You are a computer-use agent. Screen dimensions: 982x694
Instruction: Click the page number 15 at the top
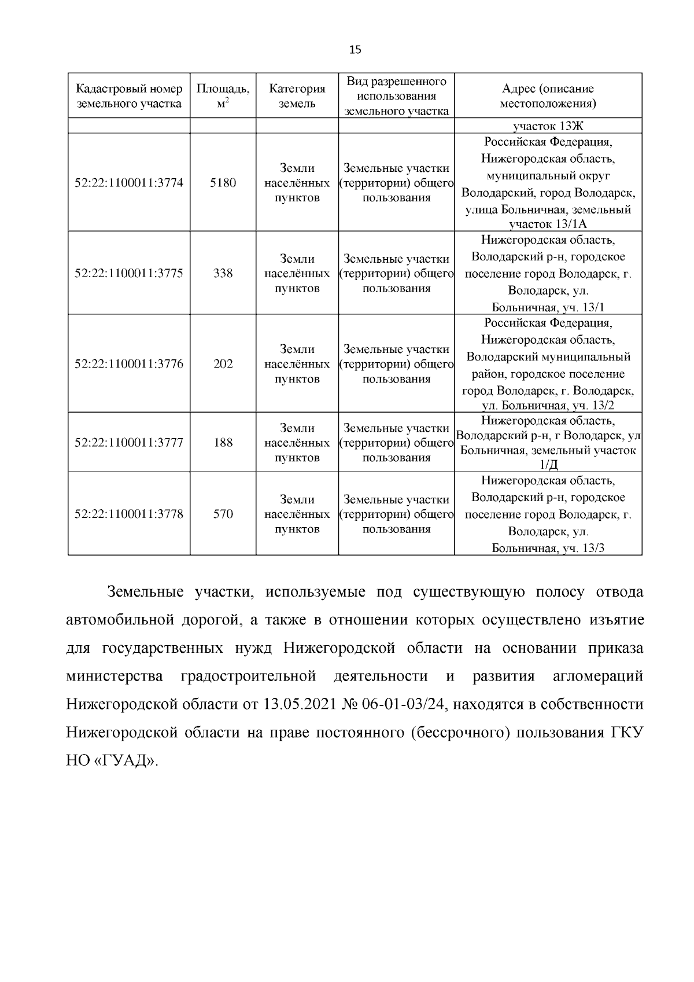click(355, 50)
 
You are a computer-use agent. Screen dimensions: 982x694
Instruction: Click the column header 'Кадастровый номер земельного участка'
click(129, 96)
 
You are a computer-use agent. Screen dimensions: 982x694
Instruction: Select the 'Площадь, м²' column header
click(223, 96)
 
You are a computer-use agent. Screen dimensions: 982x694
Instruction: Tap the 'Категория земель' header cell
click(297, 96)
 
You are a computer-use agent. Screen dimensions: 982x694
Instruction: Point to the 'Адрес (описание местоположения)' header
click(548, 96)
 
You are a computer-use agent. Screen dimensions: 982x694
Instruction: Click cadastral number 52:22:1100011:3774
click(129, 183)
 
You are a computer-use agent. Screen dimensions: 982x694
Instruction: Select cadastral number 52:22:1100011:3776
click(129, 364)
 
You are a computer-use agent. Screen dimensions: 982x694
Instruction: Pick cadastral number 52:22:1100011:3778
click(129, 514)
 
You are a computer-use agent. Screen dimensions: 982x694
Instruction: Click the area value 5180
click(223, 183)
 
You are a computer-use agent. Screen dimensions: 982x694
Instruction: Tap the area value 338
click(223, 273)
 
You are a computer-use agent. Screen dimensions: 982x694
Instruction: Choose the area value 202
click(223, 364)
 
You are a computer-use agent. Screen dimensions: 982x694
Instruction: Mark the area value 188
click(223, 443)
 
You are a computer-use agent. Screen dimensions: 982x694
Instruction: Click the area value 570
click(223, 514)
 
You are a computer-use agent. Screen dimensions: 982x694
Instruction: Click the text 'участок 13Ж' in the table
click(548, 126)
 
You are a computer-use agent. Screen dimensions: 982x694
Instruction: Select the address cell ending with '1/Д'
click(548, 443)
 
